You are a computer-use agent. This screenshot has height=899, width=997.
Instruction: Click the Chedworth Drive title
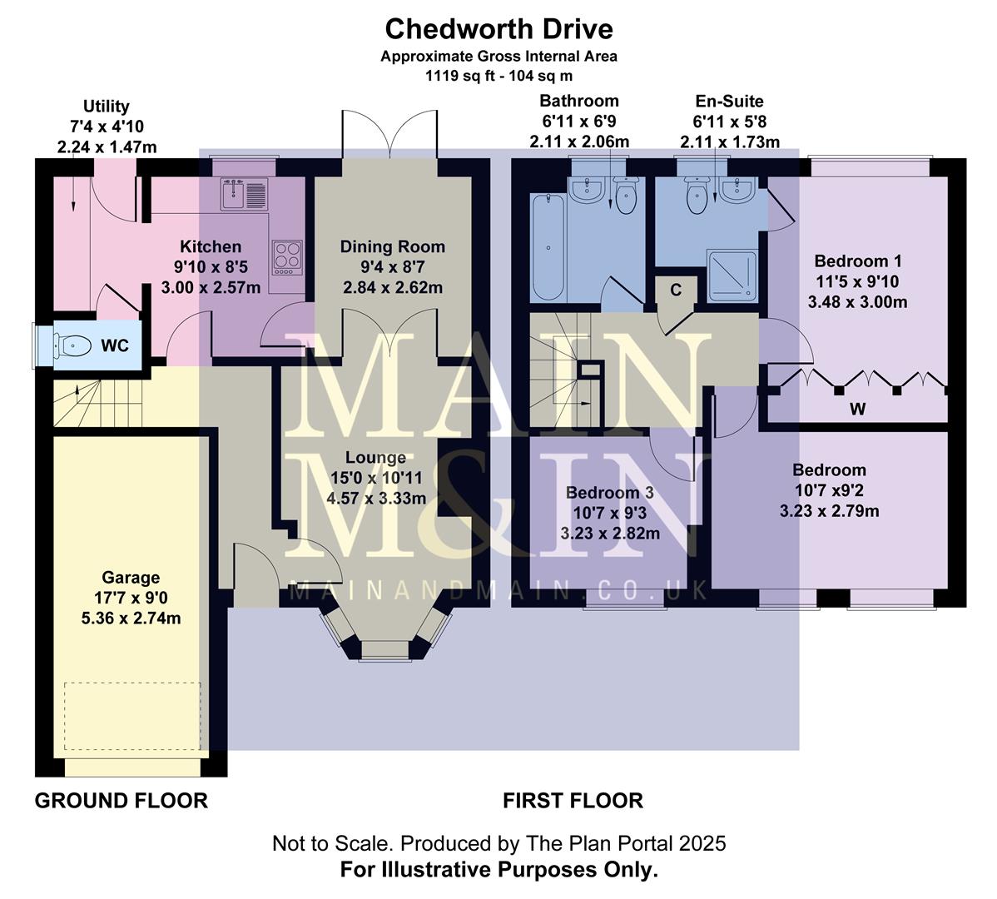pos(498,29)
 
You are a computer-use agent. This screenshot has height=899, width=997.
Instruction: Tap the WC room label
pos(115,345)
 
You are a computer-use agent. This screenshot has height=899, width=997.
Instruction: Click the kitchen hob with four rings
pos(288,256)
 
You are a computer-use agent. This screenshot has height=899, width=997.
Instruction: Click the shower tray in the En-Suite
pos(732,276)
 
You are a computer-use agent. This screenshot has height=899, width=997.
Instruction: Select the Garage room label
pos(131,577)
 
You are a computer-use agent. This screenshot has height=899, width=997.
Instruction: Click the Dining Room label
pos(392,246)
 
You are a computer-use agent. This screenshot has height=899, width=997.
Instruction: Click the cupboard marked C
pos(676,290)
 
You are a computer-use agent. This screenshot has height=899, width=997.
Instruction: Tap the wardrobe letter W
pos(857,409)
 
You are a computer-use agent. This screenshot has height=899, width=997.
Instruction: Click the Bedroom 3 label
pos(609,493)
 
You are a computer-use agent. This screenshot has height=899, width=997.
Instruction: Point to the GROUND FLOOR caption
pos(121,801)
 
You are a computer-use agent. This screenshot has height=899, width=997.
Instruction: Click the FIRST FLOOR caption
pos(573,801)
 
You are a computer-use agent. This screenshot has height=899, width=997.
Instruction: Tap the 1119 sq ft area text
pos(498,75)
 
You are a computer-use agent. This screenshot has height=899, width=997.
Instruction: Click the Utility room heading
pos(106,107)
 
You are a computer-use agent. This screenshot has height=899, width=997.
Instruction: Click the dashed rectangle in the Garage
pos(132,717)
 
